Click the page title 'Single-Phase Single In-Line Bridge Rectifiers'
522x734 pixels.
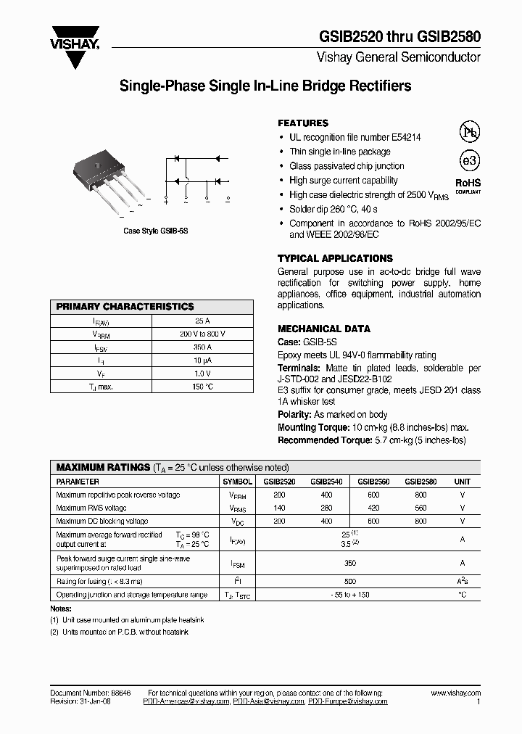pyautogui.click(x=265, y=86)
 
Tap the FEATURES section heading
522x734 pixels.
pyautogui.click(x=303, y=123)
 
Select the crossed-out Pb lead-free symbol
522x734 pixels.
pyautogui.click(x=470, y=132)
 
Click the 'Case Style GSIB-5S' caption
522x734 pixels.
pyautogui.click(x=156, y=231)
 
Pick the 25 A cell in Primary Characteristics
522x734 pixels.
pyautogui.click(x=202, y=321)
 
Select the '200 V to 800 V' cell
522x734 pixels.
pyautogui.click(x=202, y=334)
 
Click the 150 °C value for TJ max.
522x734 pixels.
pyautogui.click(x=202, y=387)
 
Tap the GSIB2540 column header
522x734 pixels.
pyautogui.click(x=327, y=481)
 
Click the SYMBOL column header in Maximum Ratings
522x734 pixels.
pyautogui.click(x=237, y=481)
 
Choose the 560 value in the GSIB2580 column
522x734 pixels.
pyautogui.click(x=420, y=508)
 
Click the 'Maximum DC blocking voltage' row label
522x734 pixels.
pyautogui.click(x=102, y=521)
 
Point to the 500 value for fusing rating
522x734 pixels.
pyautogui.click(x=350, y=582)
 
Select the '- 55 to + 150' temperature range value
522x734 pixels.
pyautogui.click(x=350, y=595)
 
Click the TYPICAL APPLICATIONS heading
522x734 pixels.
pyautogui.click(x=335, y=258)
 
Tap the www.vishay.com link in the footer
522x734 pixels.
pyautogui.click(x=455, y=693)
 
